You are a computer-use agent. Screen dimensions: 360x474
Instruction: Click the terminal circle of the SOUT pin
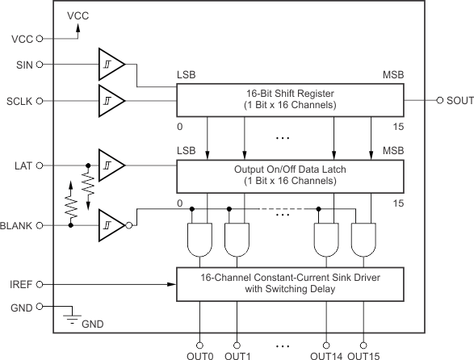439,100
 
